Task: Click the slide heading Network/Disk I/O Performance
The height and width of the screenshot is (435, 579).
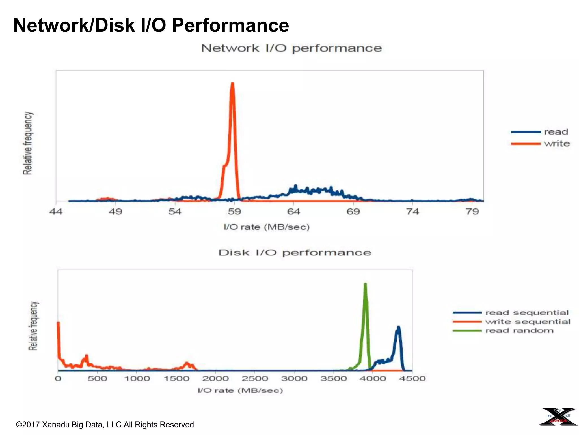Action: [151, 25]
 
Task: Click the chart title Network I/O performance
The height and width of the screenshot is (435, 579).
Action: [291, 48]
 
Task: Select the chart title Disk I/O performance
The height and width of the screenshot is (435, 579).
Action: [295, 252]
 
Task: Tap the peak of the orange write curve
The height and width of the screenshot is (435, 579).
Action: [232, 84]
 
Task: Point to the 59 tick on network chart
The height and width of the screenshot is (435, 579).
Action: [234, 212]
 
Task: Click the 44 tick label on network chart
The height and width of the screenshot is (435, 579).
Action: [56, 212]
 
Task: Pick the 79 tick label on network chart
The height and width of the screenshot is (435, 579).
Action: [472, 212]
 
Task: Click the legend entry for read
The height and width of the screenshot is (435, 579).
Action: [556, 132]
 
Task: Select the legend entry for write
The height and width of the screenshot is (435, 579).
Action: [556, 144]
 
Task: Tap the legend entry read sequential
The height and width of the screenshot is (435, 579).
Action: [526, 313]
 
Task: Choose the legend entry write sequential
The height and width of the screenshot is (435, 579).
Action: [528, 322]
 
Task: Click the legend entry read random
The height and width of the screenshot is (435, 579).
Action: [519, 330]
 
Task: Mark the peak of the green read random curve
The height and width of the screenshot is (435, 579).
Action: [365, 284]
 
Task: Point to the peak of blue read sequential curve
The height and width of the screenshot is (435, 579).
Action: [398, 328]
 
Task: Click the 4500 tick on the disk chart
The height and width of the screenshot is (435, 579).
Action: [412, 378]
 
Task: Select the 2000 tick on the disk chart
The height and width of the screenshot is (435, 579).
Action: [215, 378]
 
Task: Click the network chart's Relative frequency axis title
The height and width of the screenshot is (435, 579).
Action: [28, 143]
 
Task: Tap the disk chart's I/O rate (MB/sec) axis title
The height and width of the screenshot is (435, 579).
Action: [240, 391]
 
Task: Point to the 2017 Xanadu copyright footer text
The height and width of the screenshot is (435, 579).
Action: [105, 425]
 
